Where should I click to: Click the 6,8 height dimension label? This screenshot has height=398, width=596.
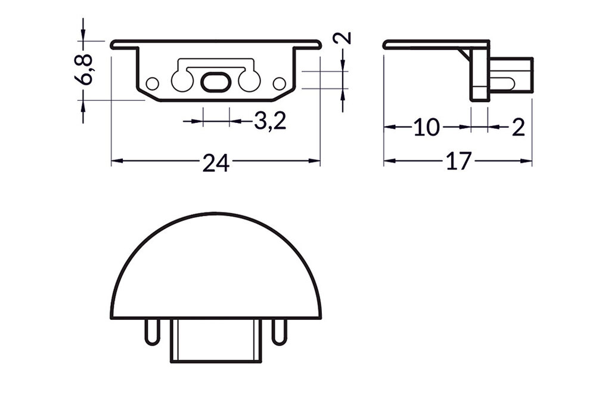click(x=87, y=70)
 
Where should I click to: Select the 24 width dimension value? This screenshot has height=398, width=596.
click(x=216, y=162)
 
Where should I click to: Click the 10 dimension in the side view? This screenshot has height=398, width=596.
click(x=426, y=127)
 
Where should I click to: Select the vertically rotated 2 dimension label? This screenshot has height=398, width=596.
click(x=343, y=39)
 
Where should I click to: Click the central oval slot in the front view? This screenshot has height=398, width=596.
click(x=215, y=82)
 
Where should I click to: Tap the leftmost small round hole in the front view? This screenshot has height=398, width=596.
click(x=153, y=83)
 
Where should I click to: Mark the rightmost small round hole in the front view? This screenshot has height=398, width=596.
click(x=278, y=83)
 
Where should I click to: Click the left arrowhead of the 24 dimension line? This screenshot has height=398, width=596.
click(x=114, y=161)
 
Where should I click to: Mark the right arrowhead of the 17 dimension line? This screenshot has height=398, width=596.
click(x=529, y=161)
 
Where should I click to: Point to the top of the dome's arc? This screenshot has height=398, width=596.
click(x=216, y=213)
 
